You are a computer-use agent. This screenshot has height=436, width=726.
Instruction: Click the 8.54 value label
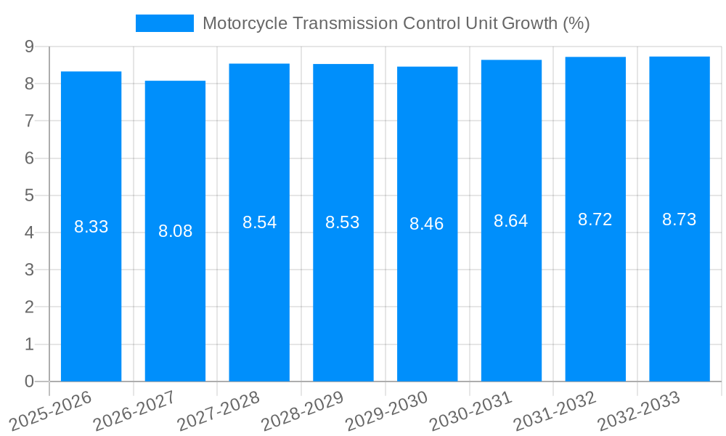tap(259, 222)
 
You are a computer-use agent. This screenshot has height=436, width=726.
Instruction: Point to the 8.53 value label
tap(343, 222)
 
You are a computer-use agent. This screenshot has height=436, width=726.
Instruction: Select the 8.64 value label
tap(511, 221)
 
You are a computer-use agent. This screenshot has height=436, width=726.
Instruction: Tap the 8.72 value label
tap(595, 219)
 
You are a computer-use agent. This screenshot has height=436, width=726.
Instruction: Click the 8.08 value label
tap(175, 231)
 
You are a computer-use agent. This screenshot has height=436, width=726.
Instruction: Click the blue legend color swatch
tap(165, 23)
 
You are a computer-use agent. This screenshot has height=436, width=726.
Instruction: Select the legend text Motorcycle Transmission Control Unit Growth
tap(396, 23)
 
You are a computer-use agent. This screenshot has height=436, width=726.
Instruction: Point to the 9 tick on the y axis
tap(29, 47)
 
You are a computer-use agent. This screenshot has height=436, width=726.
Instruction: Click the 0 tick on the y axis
tap(29, 381)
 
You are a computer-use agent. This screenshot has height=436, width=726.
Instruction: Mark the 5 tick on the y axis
tap(29, 195)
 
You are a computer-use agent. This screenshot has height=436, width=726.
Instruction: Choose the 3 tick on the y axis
tap(29, 270)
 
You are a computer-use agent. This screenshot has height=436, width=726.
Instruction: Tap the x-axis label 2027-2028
tap(219, 411)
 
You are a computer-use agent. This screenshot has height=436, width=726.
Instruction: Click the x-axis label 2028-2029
tap(303, 411)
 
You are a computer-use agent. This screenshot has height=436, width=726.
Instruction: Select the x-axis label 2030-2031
tap(471, 411)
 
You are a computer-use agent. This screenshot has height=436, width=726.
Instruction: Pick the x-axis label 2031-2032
tap(555, 411)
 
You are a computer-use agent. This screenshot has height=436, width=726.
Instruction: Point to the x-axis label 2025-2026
tap(50, 411)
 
